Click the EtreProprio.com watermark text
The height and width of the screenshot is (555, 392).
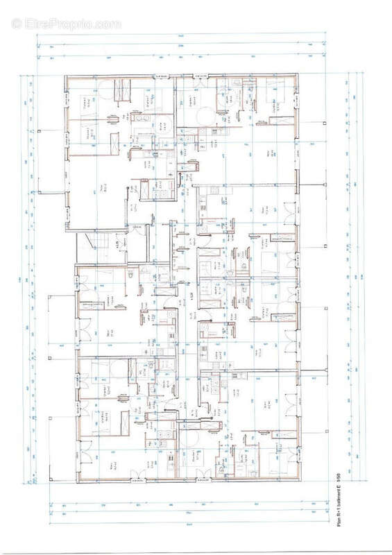pos(71,24)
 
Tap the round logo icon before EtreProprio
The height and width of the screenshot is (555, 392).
pos(18,24)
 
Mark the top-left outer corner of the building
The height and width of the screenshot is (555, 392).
pos(65,74)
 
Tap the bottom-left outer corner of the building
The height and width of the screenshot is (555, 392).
pos(65,480)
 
